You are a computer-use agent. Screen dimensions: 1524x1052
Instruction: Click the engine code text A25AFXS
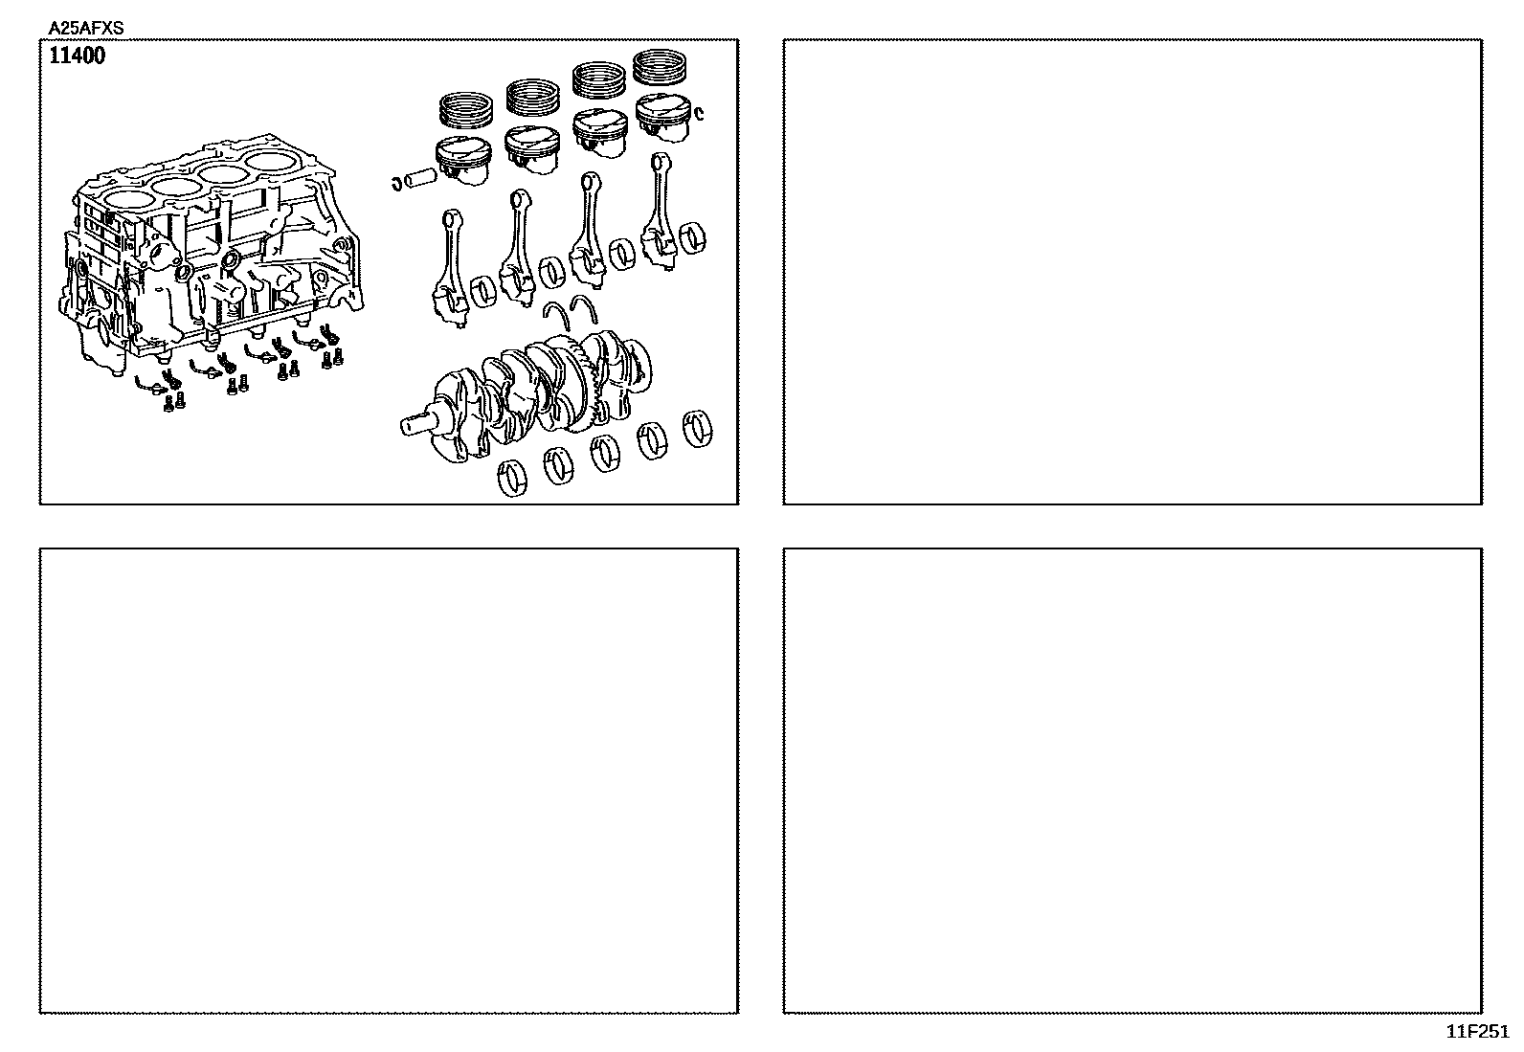point(86,29)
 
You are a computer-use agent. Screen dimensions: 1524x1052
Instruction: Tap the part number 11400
point(78,56)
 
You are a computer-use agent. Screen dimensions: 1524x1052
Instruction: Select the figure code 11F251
point(1477,1032)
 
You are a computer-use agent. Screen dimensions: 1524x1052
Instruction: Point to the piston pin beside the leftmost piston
point(420,179)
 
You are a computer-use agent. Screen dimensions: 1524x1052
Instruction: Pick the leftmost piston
point(463,161)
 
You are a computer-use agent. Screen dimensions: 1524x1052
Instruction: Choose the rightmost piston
point(663,118)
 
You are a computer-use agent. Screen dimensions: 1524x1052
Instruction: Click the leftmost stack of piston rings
point(466,109)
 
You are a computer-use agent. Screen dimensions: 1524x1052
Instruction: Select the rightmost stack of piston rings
point(660,67)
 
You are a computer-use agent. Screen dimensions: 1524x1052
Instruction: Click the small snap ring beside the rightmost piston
point(699,113)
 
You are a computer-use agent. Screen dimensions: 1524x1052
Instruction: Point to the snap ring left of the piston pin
point(396,183)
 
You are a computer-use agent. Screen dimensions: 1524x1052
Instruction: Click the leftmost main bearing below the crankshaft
point(512,478)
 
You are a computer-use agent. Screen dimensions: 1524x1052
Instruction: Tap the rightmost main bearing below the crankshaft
point(697,429)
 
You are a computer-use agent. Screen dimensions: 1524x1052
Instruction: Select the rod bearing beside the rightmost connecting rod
point(693,238)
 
